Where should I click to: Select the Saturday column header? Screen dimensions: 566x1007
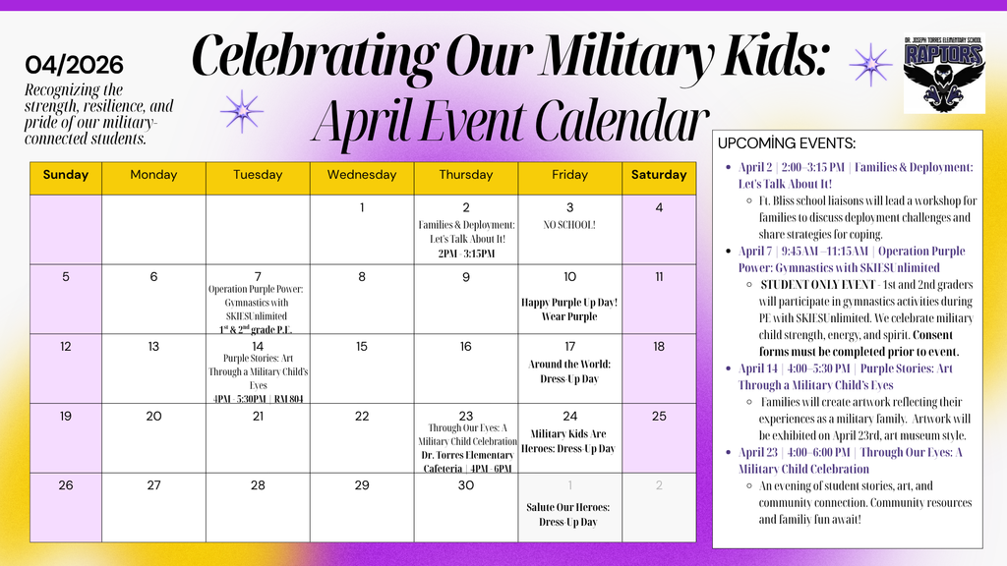click(659, 175)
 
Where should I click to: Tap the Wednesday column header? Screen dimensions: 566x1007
click(362, 175)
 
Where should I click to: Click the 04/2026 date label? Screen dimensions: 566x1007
click(75, 66)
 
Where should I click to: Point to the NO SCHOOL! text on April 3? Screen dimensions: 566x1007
click(569, 225)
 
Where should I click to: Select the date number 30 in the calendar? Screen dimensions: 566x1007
click(466, 485)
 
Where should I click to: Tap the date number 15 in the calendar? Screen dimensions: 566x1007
click(362, 346)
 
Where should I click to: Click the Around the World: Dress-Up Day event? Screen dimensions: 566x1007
click(569, 371)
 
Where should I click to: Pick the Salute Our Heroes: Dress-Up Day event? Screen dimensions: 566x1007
click(569, 514)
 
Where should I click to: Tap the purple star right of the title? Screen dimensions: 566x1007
click(870, 65)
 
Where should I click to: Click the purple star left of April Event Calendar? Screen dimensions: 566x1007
click(241, 111)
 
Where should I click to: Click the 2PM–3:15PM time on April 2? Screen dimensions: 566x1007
click(466, 254)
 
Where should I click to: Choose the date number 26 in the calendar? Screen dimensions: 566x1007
click(66, 485)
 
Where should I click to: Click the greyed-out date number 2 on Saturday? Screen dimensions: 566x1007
click(659, 485)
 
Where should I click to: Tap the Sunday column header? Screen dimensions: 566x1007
click(66, 175)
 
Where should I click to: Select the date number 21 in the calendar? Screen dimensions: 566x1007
click(258, 416)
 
